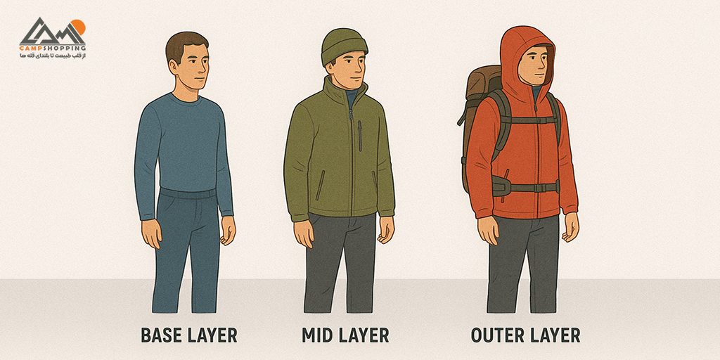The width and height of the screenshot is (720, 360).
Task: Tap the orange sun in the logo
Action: click(78, 27)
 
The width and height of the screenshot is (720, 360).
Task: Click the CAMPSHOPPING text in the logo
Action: click(52, 48)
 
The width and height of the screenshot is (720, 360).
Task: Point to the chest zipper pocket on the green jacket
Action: click(360, 136)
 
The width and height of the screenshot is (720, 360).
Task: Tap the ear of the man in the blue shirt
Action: click(173, 67)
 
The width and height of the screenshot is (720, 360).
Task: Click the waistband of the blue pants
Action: click(188, 193)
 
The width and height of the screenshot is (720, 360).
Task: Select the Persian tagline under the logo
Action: click(52, 56)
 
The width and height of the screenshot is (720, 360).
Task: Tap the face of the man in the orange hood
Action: click(533, 65)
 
